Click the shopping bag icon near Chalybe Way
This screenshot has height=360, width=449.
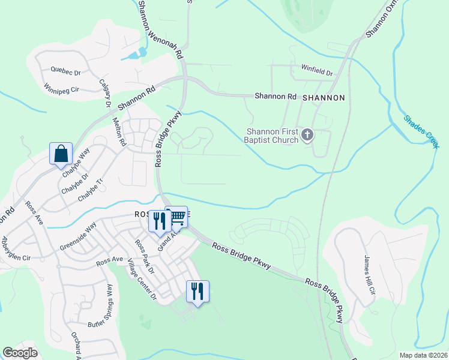click(x=61, y=154)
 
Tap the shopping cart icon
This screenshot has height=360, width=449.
click(x=176, y=219)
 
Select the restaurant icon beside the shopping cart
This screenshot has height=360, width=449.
click(x=159, y=221)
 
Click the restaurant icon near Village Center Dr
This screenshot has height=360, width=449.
click(x=197, y=292)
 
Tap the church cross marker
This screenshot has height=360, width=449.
click(x=307, y=135)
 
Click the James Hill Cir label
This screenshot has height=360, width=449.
click(x=369, y=275)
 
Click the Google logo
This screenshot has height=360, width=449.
click(x=20, y=353)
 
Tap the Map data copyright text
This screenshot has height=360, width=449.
click(x=423, y=355)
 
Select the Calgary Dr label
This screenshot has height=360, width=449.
click(x=106, y=94)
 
